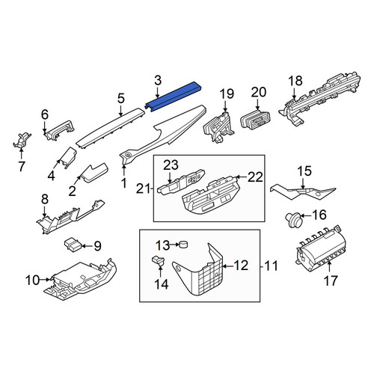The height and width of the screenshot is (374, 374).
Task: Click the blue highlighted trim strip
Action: click(x=174, y=96)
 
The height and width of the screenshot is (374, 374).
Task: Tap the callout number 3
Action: click(x=158, y=81)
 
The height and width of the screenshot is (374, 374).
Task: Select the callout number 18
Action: click(x=295, y=81)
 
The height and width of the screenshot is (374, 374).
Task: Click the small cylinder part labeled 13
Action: click(x=184, y=245)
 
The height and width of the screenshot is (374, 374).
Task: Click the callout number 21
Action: click(x=143, y=189)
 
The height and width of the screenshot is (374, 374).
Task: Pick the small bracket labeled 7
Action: click(x=22, y=141)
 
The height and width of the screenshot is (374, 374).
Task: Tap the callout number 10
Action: click(x=33, y=280)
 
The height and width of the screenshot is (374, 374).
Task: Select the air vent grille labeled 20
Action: click(x=256, y=119)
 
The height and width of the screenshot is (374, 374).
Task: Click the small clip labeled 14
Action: click(x=159, y=260)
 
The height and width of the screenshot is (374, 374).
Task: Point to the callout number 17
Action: click(x=331, y=280)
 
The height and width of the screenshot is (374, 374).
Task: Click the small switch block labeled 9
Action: click(x=72, y=245)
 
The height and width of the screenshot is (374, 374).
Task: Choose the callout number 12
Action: click(x=241, y=266)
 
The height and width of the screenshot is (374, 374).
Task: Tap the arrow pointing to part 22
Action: click(x=241, y=177)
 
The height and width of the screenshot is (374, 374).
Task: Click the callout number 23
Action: click(x=171, y=165)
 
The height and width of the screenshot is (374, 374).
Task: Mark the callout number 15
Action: click(x=304, y=171)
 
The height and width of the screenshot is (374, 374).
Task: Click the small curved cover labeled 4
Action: click(x=68, y=157)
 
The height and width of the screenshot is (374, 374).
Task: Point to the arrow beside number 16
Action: click(x=305, y=215)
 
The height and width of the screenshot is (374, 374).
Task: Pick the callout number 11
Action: click(x=271, y=266)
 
